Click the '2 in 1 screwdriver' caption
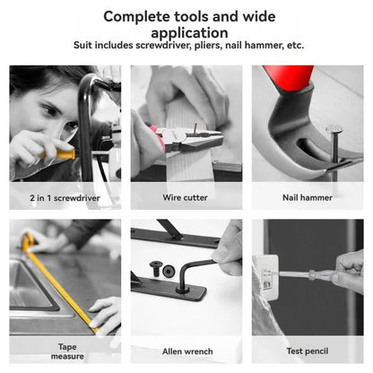click(x=64, y=195)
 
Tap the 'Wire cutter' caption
click(x=186, y=195)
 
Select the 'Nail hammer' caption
click(x=308, y=195)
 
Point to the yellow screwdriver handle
click(x=61, y=153)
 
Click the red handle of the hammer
click(x=295, y=78)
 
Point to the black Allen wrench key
click(x=197, y=269)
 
